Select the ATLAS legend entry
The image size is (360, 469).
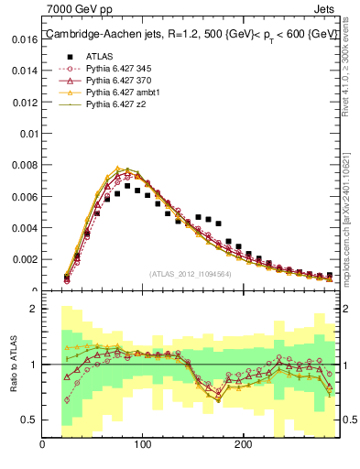point(100,55)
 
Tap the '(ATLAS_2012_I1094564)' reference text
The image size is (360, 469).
point(190,274)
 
